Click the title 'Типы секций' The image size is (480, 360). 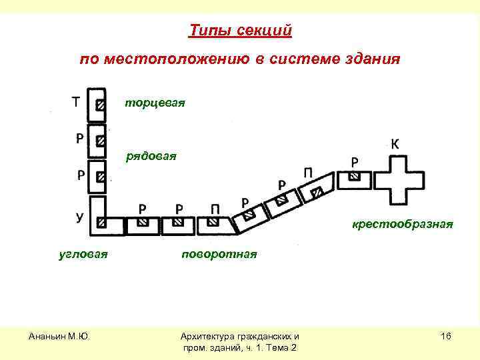240,31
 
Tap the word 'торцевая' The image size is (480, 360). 155,103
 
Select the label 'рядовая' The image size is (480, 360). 151,157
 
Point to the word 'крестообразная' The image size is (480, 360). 403,225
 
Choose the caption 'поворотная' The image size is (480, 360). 218,255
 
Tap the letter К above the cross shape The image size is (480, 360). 395,144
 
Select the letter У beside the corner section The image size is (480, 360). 79,217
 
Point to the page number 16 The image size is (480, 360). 446,337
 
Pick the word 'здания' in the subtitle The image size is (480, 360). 374,59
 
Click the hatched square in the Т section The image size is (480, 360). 100,105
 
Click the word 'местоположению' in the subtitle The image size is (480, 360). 173,59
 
